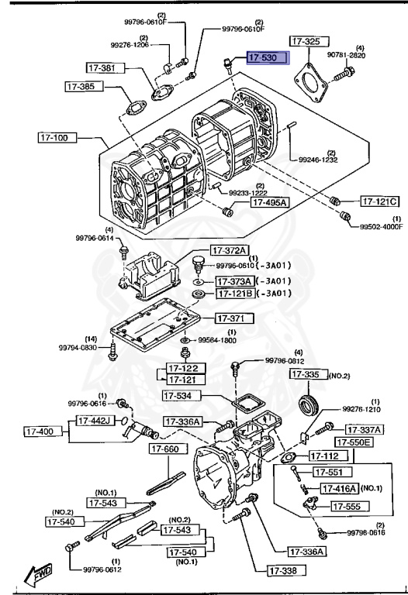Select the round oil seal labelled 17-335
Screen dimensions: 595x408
pos(311,404)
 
